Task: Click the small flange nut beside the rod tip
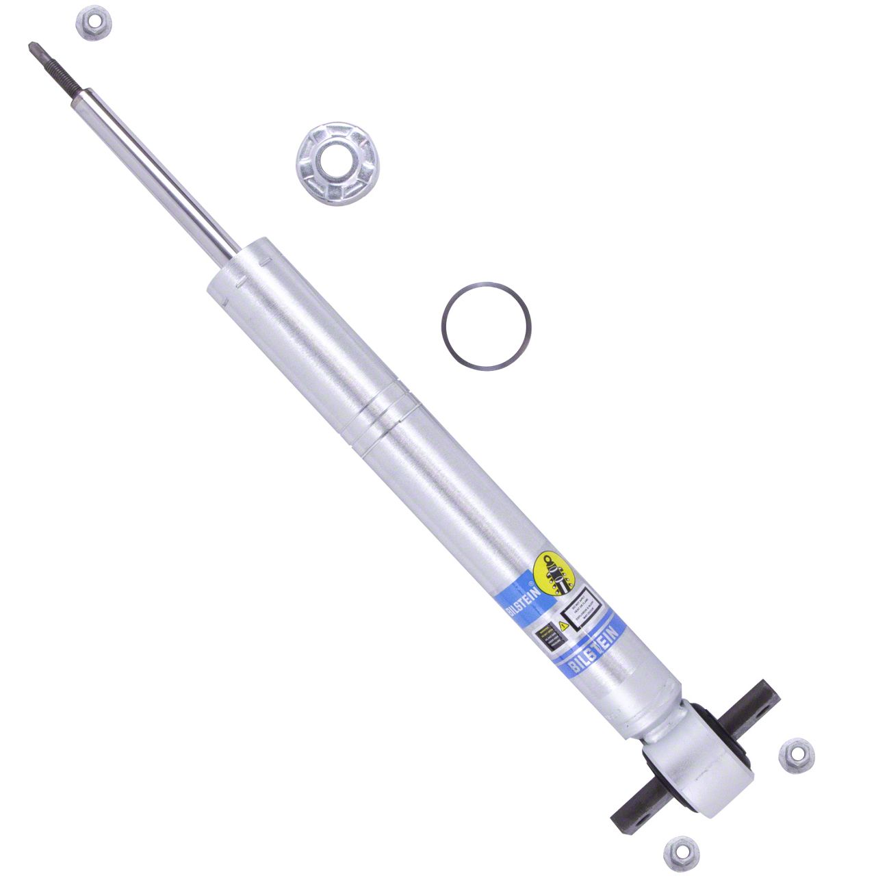coord(94,23)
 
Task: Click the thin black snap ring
coord(486,326)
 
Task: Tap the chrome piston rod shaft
coord(157,172)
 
